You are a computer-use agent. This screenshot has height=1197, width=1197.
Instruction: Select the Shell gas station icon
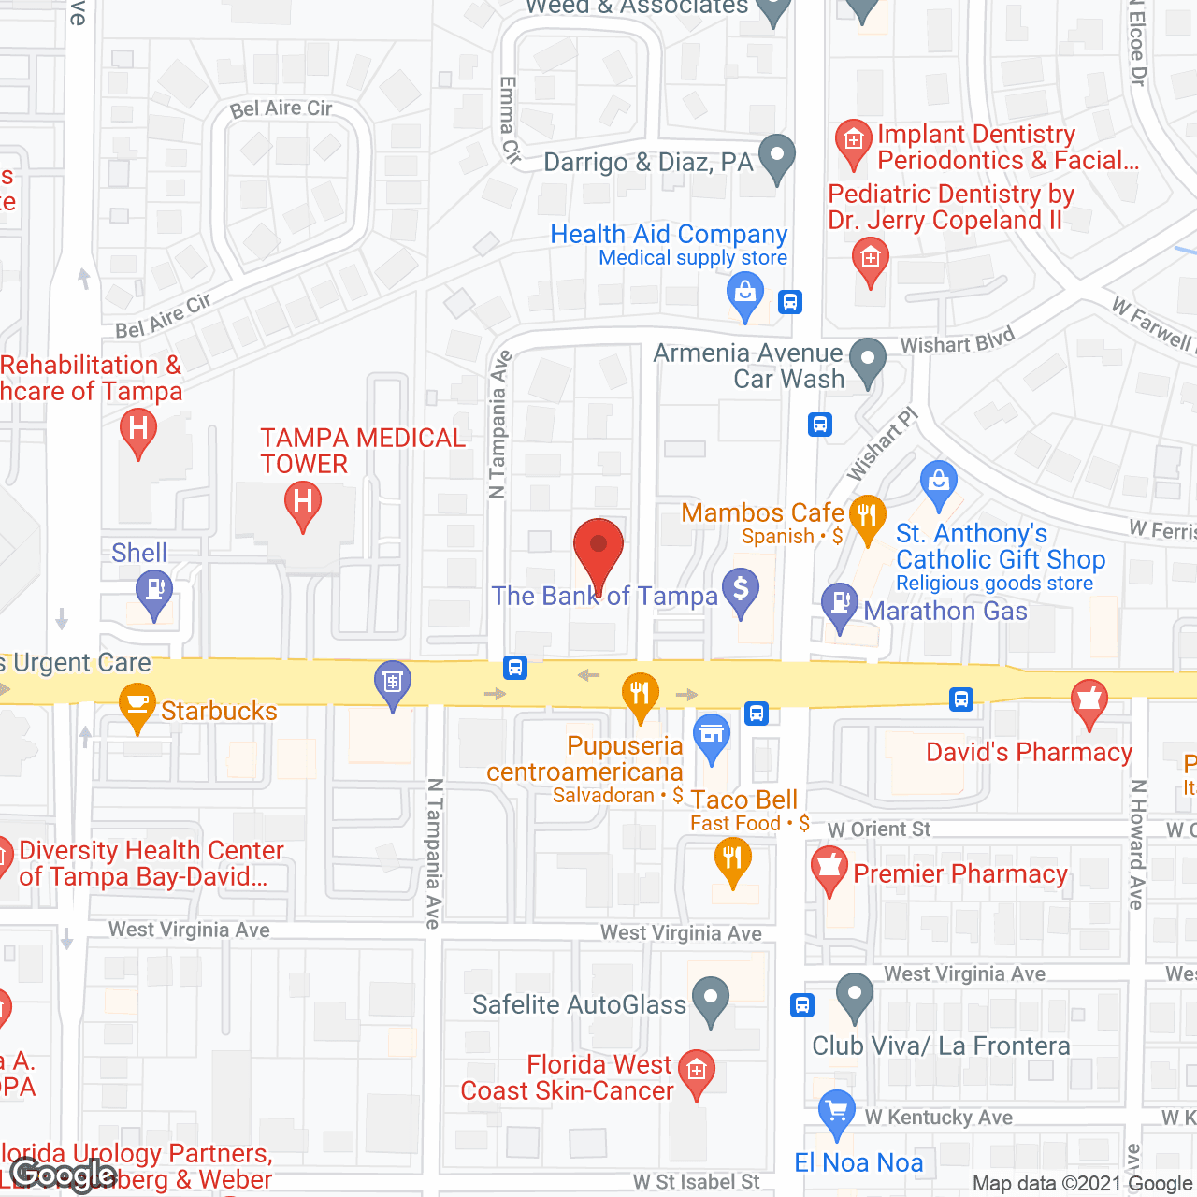(x=154, y=592)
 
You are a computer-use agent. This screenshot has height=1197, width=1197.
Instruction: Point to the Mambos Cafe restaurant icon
(x=868, y=516)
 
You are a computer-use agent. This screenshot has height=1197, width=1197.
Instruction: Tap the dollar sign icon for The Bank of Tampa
(x=741, y=591)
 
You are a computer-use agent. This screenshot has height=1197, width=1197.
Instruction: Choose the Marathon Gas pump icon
(x=840, y=605)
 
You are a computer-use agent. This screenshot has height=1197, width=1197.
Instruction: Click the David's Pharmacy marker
(x=1089, y=702)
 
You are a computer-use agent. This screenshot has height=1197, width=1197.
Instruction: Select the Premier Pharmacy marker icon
(x=829, y=869)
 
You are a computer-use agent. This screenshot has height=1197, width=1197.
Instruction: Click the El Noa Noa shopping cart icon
(x=836, y=1113)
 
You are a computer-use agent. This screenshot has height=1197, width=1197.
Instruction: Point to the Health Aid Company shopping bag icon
(x=745, y=295)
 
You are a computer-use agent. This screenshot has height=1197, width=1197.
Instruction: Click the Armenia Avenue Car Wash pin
(x=868, y=361)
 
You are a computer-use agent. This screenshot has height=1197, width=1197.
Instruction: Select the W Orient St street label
(x=879, y=829)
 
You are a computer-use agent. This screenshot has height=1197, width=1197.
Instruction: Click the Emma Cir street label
(x=510, y=120)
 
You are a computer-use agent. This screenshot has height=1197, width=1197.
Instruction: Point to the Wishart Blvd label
(x=957, y=341)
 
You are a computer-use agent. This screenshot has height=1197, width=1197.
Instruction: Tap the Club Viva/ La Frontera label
(x=941, y=1046)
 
